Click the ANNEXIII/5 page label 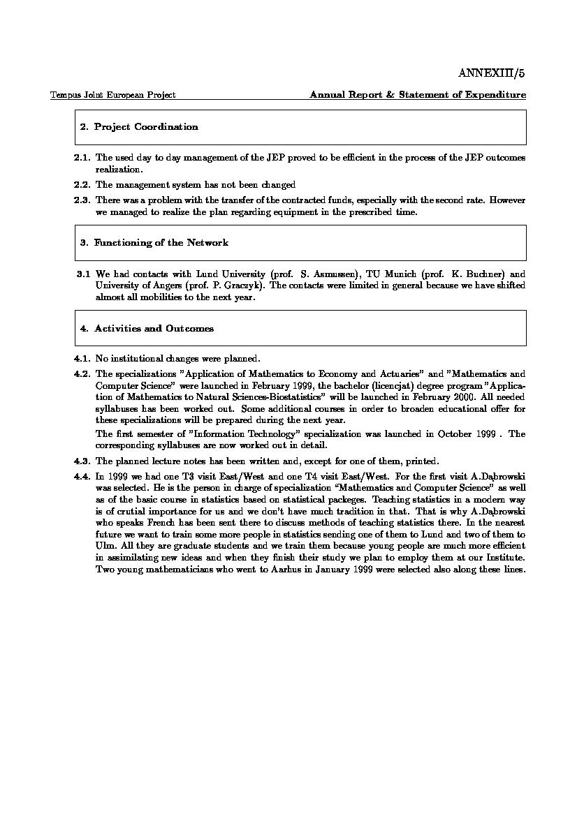(x=491, y=73)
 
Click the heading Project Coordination (x=146, y=127)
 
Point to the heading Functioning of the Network (x=161, y=243)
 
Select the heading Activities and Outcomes (x=154, y=329)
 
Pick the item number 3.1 (x=83, y=274)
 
